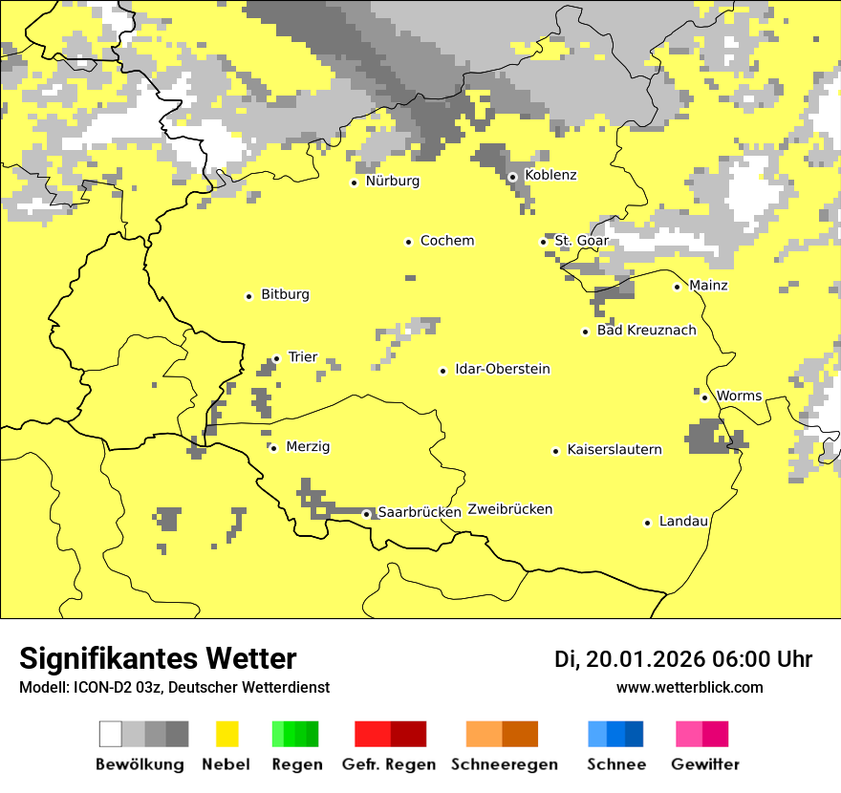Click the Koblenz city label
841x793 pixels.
click(x=550, y=175)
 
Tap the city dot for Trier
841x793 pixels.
click(x=276, y=358)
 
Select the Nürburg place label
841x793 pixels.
click(x=392, y=181)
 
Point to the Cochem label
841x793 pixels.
click(x=446, y=241)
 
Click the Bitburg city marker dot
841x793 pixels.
click(x=248, y=296)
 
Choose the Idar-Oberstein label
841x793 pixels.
click(x=502, y=369)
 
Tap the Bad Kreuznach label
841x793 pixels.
click(x=646, y=331)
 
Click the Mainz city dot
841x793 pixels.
click(x=677, y=287)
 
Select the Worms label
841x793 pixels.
click(x=739, y=396)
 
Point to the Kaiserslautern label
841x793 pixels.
click(x=614, y=449)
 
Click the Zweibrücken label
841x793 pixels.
click(x=509, y=509)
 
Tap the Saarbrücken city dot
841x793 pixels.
click(x=366, y=514)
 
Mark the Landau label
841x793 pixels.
click(x=683, y=521)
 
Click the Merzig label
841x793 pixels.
click(x=308, y=446)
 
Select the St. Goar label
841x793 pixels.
click(x=581, y=241)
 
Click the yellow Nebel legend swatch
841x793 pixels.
click(x=226, y=734)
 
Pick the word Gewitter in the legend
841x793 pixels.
click(x=704, y=764)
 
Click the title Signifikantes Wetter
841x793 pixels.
click(x=158, y=658)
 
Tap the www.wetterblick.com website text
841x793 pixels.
click(x=689, y=687)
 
